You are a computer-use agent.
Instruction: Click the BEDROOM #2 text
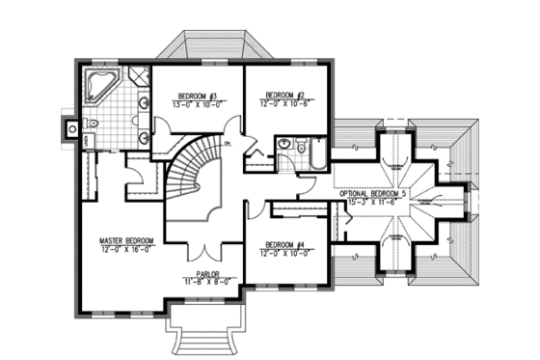[x=286, y=95]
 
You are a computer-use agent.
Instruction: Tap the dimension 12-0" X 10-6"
[x=286, y=102]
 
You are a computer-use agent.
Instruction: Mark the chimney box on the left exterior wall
[x=68, y=126]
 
